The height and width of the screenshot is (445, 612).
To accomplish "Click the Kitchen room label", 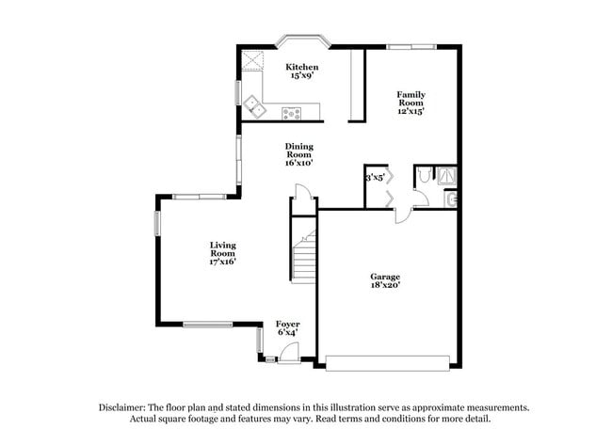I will point(302,68).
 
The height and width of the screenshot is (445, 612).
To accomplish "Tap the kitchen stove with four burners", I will point(291,114).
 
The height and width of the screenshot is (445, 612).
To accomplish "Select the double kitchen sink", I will point(253,103).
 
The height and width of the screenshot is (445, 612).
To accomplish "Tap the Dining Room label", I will point(299,151).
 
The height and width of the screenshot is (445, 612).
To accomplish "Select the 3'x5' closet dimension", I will point(375,176).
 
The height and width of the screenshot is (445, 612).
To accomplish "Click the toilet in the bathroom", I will point(426,175).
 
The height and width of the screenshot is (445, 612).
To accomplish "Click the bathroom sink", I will point(452,199).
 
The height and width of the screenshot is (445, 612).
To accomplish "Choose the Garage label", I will point(384,277).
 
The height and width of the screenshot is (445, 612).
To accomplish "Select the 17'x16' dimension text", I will point(222,262).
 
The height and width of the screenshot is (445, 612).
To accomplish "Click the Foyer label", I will point(287,324).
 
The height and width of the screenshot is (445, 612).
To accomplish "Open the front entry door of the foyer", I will point(288,353).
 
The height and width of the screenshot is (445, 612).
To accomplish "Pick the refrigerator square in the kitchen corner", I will point(252,62).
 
